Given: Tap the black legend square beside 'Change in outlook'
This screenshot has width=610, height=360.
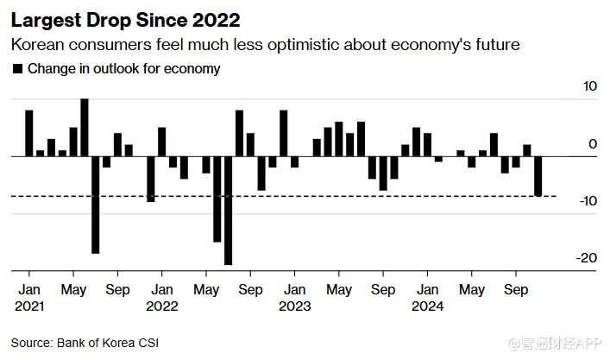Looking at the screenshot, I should point(17,68).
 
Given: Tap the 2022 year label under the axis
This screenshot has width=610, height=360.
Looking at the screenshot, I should point(161,305).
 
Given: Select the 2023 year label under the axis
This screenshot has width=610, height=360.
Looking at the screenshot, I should point(294,305).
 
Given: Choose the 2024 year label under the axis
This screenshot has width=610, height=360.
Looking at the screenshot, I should point(428,305).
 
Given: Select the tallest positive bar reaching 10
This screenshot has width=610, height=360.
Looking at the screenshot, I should point(85,127).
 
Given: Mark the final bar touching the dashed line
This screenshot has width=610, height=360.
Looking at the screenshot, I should point(538,176).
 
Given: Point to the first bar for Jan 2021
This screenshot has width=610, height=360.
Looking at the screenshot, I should point(28,133).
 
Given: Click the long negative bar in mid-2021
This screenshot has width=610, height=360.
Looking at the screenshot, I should point(96,205).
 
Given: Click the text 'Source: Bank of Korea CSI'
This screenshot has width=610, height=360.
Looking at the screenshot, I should point(85,343).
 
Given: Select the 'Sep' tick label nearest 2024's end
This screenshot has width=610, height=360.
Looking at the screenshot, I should point(516,290).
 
